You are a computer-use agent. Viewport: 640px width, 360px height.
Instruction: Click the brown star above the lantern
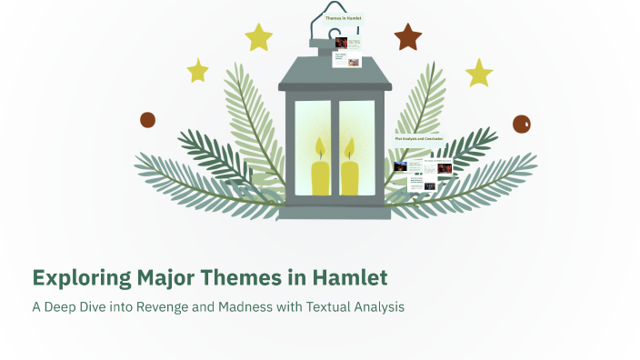pyautogui.click(x=408, y=37)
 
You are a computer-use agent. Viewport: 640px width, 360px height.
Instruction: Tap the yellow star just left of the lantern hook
pyautogui.click(x=259, y=37)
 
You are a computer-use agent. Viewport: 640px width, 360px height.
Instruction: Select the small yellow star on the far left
pyautogui.click(x=197, y=70)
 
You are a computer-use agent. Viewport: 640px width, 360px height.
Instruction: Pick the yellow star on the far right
pyautogui.click(x=479, y=73)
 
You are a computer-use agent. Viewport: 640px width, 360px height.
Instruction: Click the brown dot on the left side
pyautogui.click(x=147, y=120)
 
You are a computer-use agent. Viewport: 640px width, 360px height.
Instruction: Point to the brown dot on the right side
pyautogui.click(x=521, y=125)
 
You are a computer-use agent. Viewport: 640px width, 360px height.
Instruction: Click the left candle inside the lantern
pyautogui.click(x=321, y=176)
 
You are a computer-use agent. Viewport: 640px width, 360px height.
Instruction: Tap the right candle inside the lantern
pyautogui.click(x=349, y=176)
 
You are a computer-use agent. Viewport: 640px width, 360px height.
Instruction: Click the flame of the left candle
pyautogui.click(x=320, y=147)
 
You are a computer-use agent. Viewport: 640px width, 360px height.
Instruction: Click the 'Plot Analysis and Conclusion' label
pyautogui.click(x=419, y=138)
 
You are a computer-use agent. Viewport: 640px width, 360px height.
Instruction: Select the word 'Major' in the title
pyautogui.click(x=155, y=276)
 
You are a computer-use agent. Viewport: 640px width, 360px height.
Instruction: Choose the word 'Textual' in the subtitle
pyautogui.click(x=325, y=307)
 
